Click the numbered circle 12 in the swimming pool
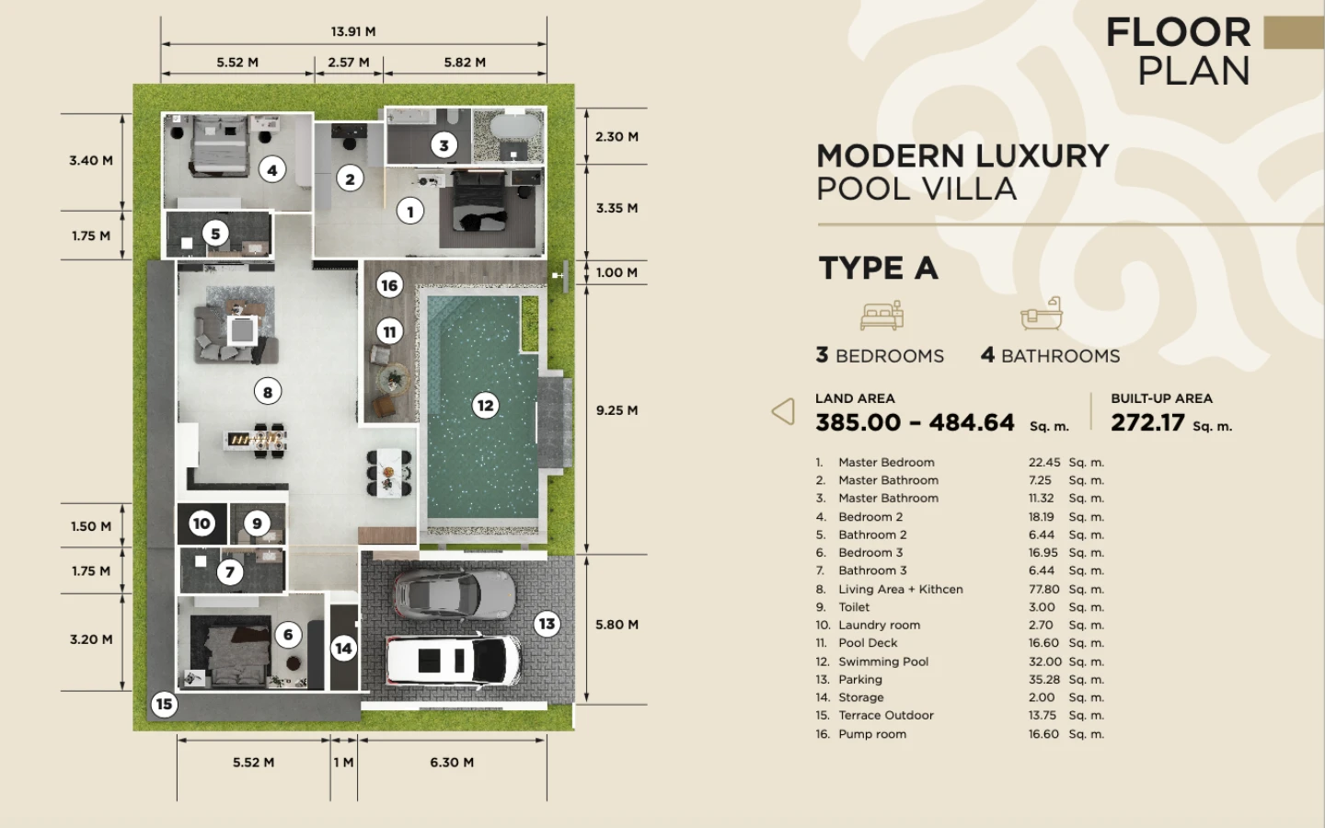[x=485, y=405]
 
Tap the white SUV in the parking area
[x=454, y=661]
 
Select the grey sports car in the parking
[x=455, y=595]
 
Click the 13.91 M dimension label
[x=353, y=31]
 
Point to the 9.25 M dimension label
[x=616, y=410]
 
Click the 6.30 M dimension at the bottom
[x=452, y=763]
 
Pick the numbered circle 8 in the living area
[x=268, y=392]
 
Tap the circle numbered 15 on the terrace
[x=164, y=704]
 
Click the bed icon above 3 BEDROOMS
[x=881, y=315]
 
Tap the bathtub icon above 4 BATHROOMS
[x=1042, y=314]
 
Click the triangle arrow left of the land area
[x=783, y=411]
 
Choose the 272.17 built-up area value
[x=1147, y=422]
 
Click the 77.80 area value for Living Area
[x=1043, y=589]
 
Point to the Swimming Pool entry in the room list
[x=883, y=661]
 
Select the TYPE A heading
[x=879, y=268]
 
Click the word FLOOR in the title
[x=1179, y=32]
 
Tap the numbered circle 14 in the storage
[x=344, y=649]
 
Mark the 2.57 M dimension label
[x=349, y=63]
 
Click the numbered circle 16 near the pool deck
[x=389, y=285]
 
